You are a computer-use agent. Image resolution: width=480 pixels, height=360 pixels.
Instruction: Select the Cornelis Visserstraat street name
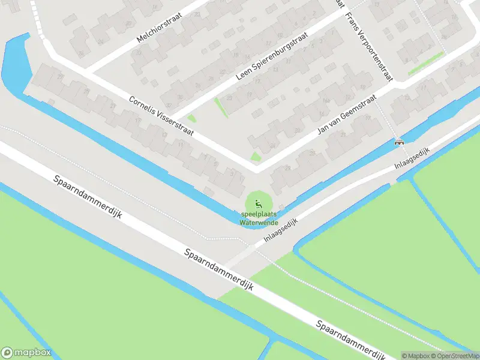[161, 115]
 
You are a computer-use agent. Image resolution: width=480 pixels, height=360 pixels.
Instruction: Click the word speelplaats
[259, 215]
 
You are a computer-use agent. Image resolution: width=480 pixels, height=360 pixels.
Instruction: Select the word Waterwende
[259, 222]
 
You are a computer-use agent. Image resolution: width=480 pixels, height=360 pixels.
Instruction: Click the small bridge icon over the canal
[398, 142]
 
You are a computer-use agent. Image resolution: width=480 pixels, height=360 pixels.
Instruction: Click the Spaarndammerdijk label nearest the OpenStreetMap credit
[352, 337]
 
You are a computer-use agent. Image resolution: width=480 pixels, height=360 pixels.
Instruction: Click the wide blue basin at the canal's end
[16, 63]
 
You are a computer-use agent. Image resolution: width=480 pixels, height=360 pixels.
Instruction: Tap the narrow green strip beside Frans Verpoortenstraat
[426, 64]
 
